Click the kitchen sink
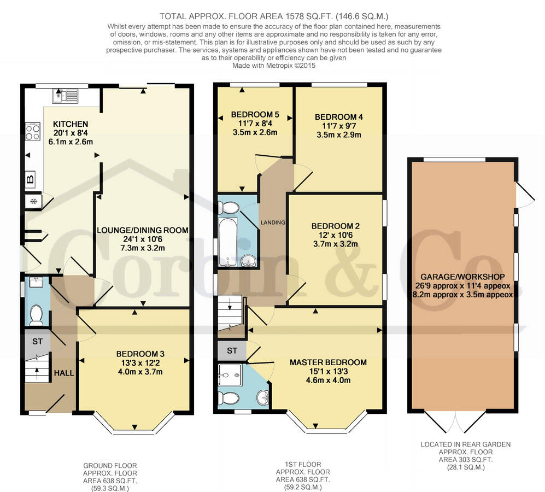[x=66, y=96]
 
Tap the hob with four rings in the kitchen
[x=32, y=131]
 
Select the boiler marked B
[x=30, y=179]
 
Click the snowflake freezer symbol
[x=33, y=201]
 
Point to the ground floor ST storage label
[x=37, y=342]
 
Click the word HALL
[x=64, y=373]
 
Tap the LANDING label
[x=273, y=222]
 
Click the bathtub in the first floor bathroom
[x=227, y=242]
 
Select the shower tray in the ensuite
[x=230, y=376]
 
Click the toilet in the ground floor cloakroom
[x=36, y=315]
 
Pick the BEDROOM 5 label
[x=255, y=114]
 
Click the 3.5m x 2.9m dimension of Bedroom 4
[x=339, y=134]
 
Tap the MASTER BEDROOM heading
[x=328, y=362]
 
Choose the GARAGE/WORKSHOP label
[x=462, y=277]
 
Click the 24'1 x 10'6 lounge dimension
[x=143, y=239]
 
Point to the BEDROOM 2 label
[x=336, y=226]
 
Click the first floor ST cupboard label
[x=232, y=351]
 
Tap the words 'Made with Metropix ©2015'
[x=274, y=66]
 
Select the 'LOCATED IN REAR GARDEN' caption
[x=466, y=444]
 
